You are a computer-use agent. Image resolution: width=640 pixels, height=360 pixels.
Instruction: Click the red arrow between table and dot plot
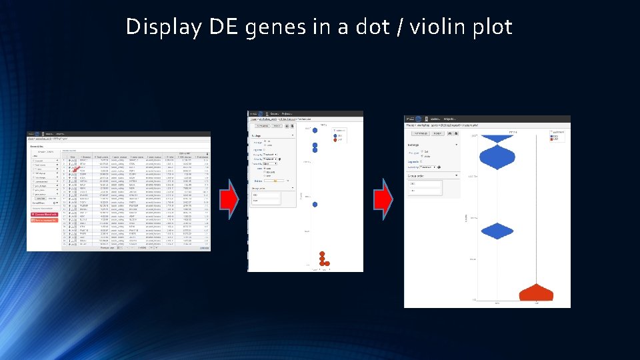tap(229, 200)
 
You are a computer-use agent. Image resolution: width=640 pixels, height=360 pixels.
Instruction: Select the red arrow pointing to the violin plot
tap(383, 200)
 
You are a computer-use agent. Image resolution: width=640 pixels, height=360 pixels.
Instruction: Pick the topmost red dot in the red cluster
tap(323, 253)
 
